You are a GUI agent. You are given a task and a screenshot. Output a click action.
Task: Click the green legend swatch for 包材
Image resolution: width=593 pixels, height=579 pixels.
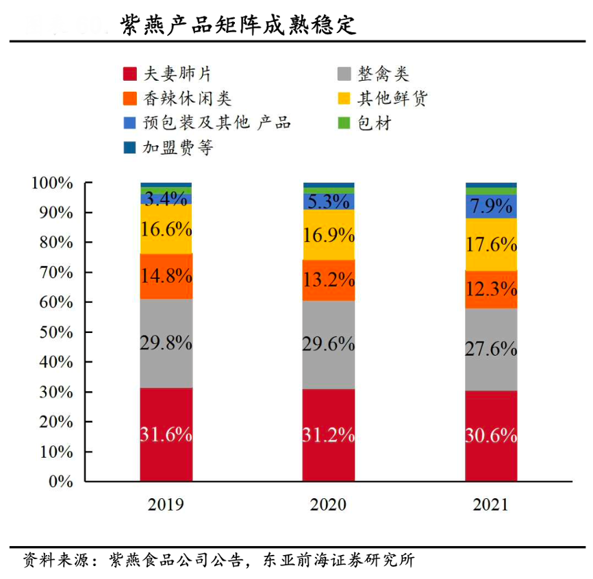pyautogui.click(x=344, y=123)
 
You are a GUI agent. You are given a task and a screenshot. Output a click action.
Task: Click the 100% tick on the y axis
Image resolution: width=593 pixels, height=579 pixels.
pyautogui.click(x=52, y=183)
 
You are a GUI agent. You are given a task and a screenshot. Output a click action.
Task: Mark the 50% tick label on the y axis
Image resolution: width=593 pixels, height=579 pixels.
pyautogui.click(x=55, y=332)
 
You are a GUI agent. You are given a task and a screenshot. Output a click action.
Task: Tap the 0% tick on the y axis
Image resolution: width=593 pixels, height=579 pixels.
pyautogui.click(x=61, y=481)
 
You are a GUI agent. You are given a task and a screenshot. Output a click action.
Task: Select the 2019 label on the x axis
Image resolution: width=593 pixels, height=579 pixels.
pyautogui.click(x=166, y=506)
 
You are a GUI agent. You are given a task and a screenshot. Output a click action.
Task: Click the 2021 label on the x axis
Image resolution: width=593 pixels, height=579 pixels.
pyautogui.click(x=491, y=506)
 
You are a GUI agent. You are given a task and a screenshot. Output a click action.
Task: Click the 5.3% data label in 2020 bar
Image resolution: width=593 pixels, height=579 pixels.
pyautogui.click(x=329, y=201)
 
